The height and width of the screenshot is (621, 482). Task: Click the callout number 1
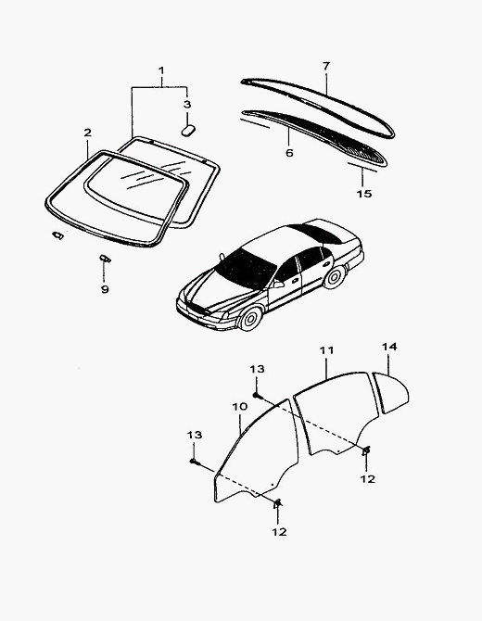coord(161,70)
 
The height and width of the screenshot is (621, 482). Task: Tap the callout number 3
coord(187,105)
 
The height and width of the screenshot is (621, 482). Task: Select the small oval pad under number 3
coord(188,131)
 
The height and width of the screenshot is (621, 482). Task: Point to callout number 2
coord(87,133)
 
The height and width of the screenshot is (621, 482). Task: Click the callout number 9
coord(105,289)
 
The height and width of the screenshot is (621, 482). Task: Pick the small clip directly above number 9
coord(105,259)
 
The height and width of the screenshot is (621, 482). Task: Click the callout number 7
coord(326,66)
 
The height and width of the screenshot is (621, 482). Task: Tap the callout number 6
coord(289,153)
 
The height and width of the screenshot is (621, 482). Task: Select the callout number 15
coord(364,194)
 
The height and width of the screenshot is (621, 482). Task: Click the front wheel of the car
coord(250,318)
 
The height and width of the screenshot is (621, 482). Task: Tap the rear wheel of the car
coord(335,277)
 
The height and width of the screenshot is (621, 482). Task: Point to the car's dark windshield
coord(246,270)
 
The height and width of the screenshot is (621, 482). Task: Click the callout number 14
coord(389,347)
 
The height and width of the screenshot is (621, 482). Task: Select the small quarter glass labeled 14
coord(391,392)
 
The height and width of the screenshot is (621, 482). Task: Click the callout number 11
coord(327,350)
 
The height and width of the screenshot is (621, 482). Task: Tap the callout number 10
coord(240,407)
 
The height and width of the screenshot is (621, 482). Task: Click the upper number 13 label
coord(257,369)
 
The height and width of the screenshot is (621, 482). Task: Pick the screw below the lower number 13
coord(194,462)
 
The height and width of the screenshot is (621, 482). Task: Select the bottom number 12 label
coord(279,532)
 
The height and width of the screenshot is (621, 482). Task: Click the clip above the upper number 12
coord(366,450)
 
